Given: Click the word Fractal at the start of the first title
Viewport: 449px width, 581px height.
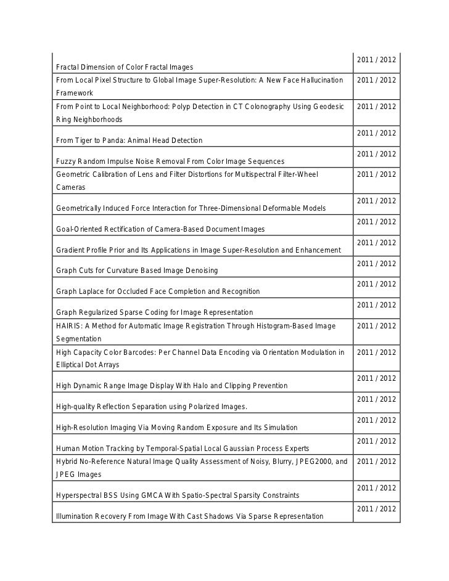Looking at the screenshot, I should pos(68,67).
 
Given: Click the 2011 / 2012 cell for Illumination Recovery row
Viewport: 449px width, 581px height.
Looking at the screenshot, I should pos(376,509).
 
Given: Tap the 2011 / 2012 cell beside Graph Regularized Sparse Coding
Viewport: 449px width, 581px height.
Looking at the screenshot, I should pos(376,305).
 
